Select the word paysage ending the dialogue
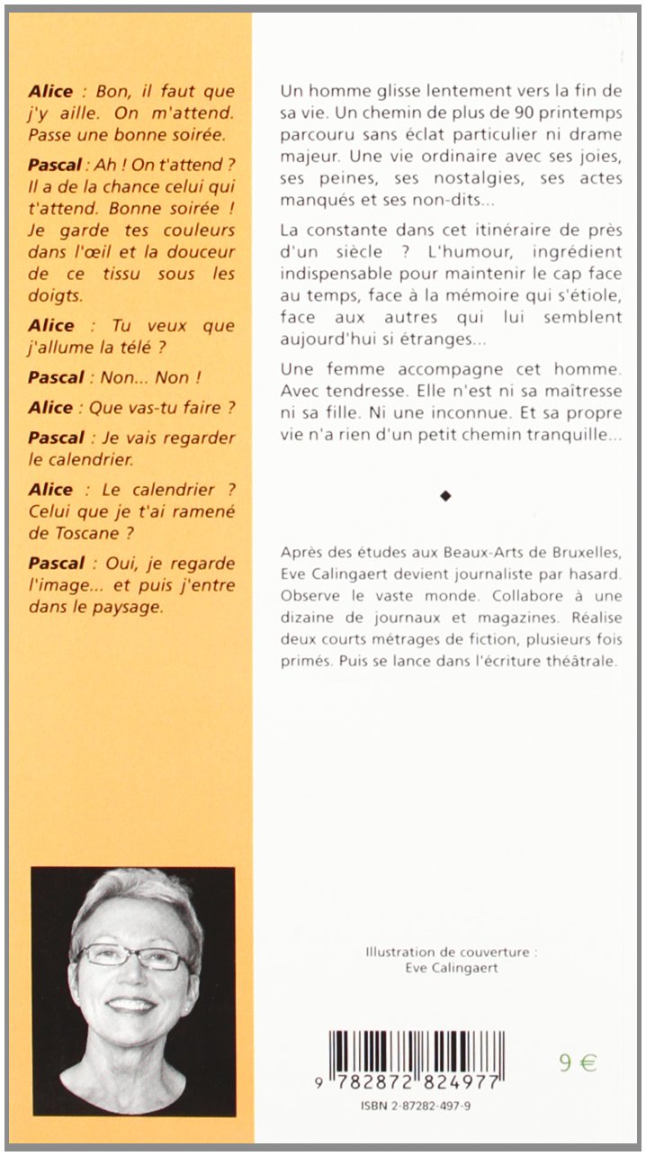[126, 607]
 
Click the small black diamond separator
[444, 495]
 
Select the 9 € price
[577, 1062]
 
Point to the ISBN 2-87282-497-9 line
[416, 1104]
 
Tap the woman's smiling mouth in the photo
[131, 1004]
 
